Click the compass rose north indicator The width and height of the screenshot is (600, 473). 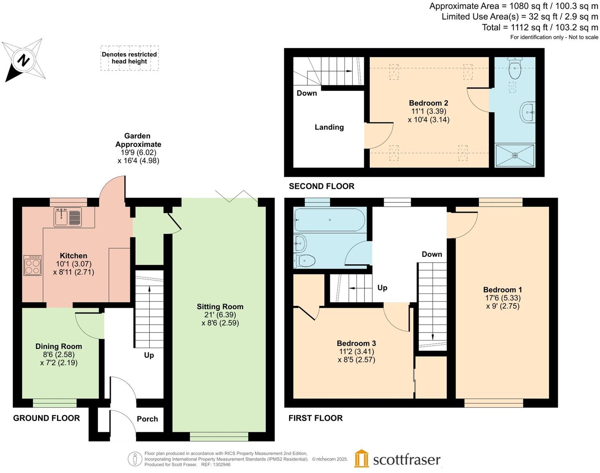(x=24, y=61)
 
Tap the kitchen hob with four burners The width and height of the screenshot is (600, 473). (x=32, y=265)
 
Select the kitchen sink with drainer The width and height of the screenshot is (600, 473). (x=68, y=217)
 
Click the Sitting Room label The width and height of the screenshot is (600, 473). (x=220, y=306)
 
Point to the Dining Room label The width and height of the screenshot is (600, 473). (x=59, y=346)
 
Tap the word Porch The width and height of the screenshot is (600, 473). (x=147, y=419)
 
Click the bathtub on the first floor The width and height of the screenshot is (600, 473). (x=329, y=220)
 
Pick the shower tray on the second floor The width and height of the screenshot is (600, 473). (x=515, y=155)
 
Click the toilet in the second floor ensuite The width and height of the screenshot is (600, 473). (x=515, y=68)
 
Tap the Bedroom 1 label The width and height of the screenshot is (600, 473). (x=503, y=290)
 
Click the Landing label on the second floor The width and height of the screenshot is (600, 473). (x=329, y=127)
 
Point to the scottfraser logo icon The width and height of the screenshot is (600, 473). (x=361, y=459)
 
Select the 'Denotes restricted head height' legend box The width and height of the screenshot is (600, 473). (x=129, y=58)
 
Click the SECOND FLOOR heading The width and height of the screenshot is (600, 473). (x=322, y=186)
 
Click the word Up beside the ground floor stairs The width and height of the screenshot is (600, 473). (x=149, y=355)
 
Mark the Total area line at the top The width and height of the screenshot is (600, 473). (x=540, y=27)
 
